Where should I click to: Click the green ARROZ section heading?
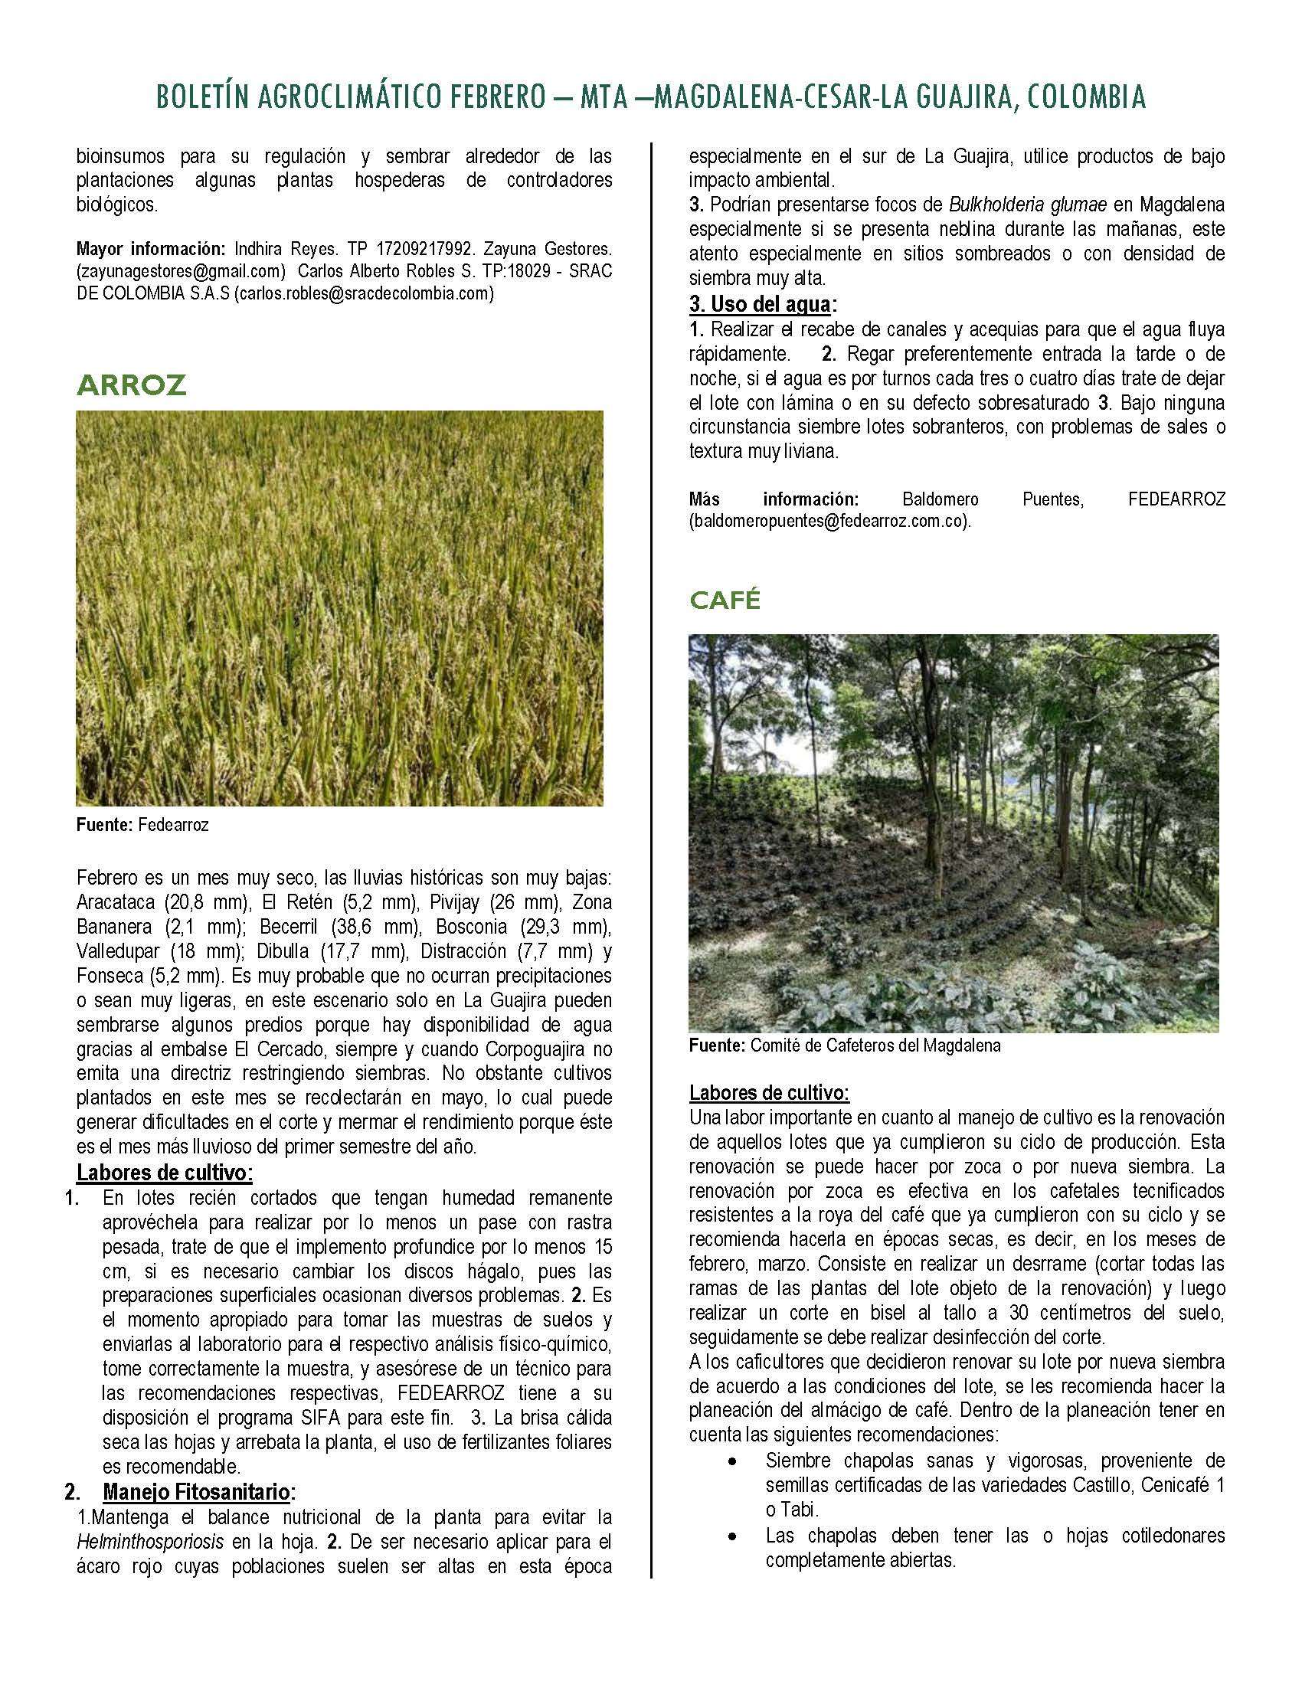131,385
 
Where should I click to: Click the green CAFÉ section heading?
725,600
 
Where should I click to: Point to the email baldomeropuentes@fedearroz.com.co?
829,521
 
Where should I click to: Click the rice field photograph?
339,608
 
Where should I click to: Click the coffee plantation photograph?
954,833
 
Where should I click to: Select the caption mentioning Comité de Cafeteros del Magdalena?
845,1046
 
